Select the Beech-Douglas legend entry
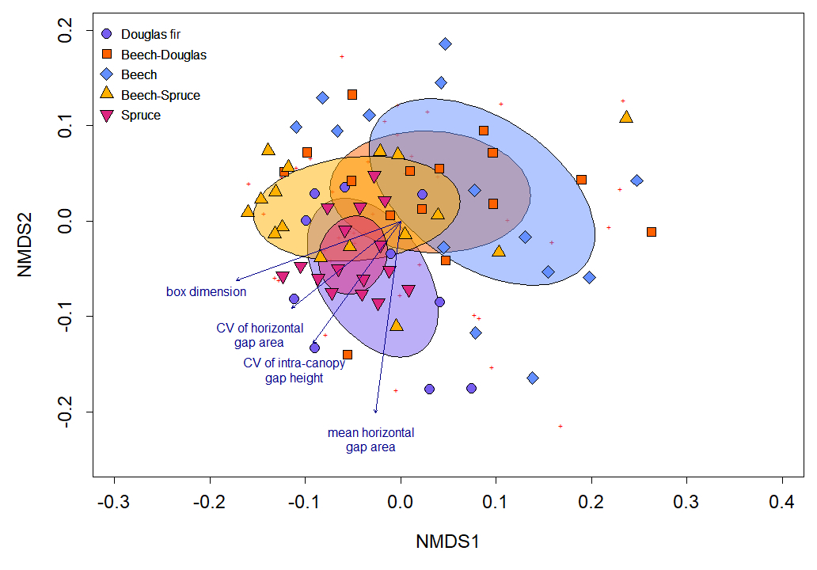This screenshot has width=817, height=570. (163, 55)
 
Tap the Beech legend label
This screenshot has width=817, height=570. (139, 75)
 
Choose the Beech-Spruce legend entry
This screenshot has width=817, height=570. (160, 96)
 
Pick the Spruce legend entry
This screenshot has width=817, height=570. (141, 116)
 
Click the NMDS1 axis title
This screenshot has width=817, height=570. (448, 542)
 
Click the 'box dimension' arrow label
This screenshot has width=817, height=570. (206, 292)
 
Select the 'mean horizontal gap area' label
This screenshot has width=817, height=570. (370, 440)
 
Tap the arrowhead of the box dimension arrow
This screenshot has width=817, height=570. (237, 280)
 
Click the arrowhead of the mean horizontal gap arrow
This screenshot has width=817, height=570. (375, 412)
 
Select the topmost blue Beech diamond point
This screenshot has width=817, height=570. (445, 44)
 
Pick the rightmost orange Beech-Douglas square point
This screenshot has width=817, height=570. (651, 232)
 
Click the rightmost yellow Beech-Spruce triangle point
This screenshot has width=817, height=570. (626, 117)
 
